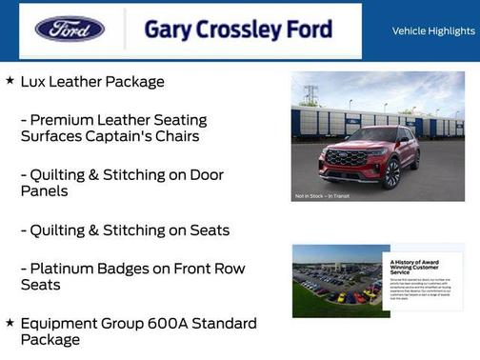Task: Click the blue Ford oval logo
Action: (70, 29)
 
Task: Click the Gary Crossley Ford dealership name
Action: (238, 29)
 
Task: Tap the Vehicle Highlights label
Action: (433, 31)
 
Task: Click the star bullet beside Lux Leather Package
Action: (10, 81)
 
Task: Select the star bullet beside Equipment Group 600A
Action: (10, 323)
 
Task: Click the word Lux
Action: (35, 82)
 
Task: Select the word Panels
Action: (45, 191)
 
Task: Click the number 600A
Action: (170, 324)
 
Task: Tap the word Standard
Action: (225, 324)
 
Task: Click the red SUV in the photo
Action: (369, 157)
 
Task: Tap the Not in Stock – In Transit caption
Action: (321, 196)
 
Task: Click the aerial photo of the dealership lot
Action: (336, 282)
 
